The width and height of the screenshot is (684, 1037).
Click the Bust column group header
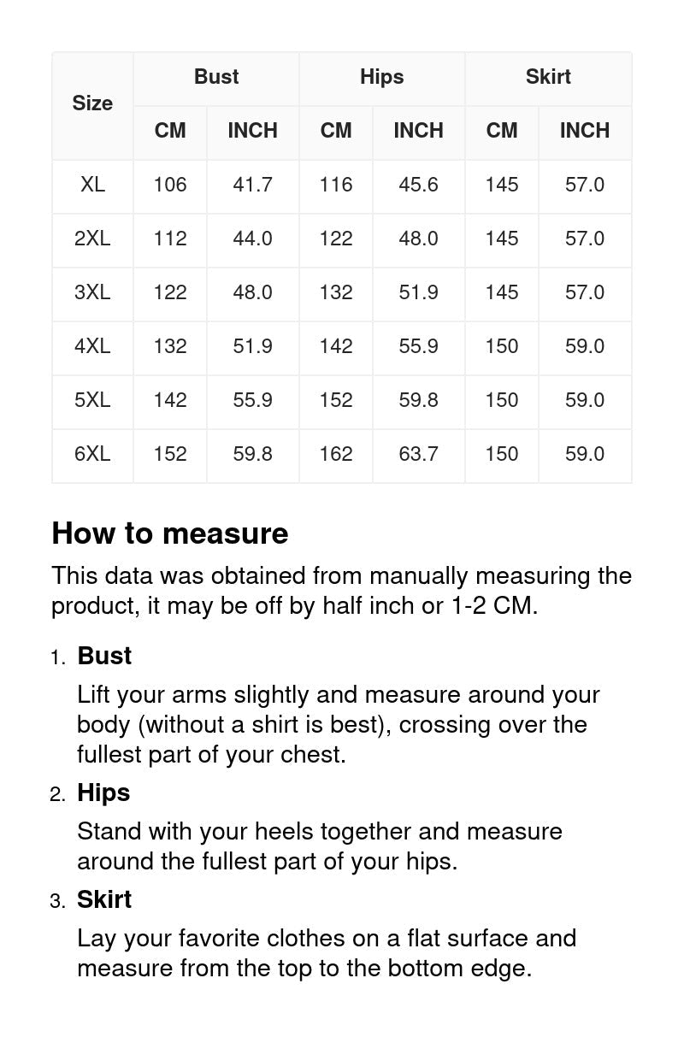(x=216, y=77)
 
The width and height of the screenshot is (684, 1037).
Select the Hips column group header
(x=381, y=77)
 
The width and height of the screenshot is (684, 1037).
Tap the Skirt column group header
(x=548, y=77)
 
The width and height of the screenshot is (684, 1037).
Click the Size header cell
(x=92, y=103)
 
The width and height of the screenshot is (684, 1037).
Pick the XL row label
(x=92, y=185)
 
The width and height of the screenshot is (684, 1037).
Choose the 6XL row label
(x=92, y=454)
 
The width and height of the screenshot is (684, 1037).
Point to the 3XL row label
(x=92, y=292)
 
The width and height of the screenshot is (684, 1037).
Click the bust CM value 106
(x=170, y=185)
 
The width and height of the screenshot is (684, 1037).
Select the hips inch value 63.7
(x=418, y=454)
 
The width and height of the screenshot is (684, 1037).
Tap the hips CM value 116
(x=336, y=185)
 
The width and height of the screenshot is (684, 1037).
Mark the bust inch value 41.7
(x=252, y=185)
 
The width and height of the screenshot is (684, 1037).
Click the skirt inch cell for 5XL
(x=584, y=400)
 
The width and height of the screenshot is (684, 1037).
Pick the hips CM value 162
(x=336, y=454)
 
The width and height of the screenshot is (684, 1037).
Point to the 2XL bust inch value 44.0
(x=252, y=239)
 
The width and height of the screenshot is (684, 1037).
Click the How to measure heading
(x=170, y=533)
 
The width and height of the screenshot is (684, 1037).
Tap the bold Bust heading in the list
(x=104, y=656)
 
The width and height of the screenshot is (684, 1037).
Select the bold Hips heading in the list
(x=103, y=792)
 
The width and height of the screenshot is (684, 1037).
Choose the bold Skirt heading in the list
(x=104, y=899)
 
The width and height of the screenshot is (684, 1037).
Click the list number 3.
(x=56, y=901)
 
